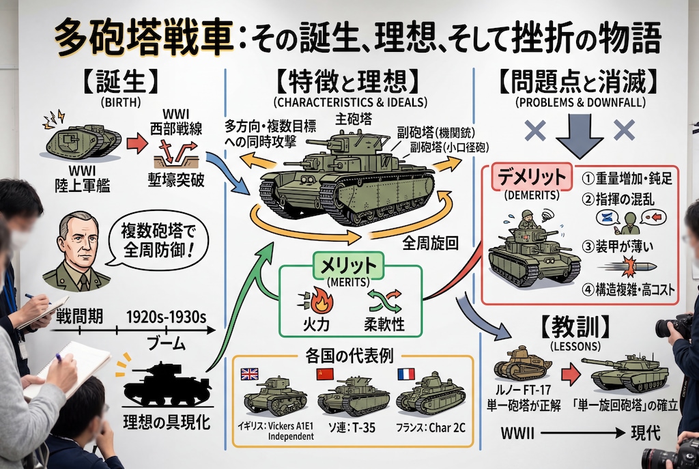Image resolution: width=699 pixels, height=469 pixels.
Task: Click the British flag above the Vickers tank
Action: pyautogui.click(x=249, y=374)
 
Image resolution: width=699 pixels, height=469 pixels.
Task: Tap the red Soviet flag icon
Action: pyautogui.click(x=323, y=374)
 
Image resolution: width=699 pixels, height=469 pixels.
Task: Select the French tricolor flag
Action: pyautogui.click(x=405, y=374)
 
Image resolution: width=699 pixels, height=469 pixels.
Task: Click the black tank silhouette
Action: pyautogui.click(x=162, y=384)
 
